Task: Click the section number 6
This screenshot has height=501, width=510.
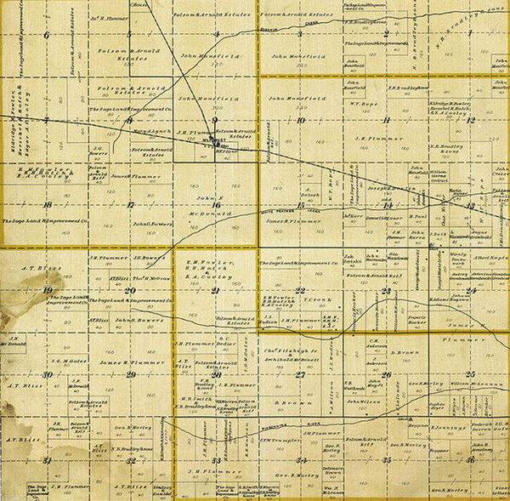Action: (x=46, y=35)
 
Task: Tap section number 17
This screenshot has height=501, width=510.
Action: (x=130, y=205)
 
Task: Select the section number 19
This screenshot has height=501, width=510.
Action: (x=46, y=290)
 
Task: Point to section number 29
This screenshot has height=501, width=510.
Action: (x=130, y=374)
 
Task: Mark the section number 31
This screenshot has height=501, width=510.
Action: (x=47, y=460)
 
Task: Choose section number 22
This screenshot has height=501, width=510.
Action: (x=300, y=290)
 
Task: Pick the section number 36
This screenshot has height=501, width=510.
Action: (x=469, y=459)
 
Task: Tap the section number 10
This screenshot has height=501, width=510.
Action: (x=300, y=120)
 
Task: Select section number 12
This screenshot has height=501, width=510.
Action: (x=469, y=120)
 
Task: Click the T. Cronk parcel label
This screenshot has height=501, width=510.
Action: (x=317, y=299)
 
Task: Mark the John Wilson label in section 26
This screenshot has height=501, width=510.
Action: (x=365, y=401)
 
